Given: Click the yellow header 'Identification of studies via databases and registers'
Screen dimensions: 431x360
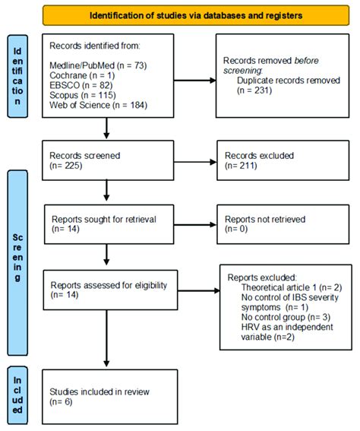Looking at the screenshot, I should tap(195, 14).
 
